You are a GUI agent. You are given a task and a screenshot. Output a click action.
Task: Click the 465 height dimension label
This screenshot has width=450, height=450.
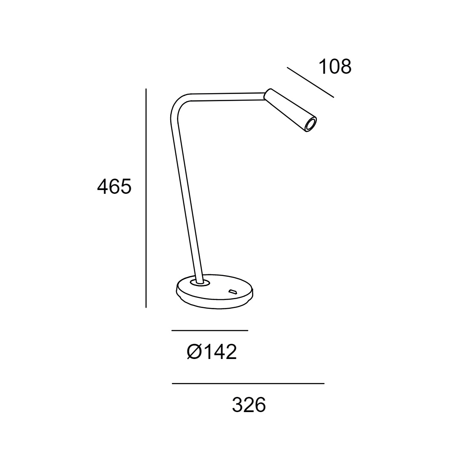[x=114, y=187]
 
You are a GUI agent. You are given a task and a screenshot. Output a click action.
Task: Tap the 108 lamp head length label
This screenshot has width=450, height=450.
[x=335, y=67]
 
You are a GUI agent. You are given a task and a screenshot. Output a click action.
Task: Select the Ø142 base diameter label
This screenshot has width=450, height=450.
[x=212, y=351]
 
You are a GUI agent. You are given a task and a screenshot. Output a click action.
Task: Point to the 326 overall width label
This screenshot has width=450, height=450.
[x=249, y=404]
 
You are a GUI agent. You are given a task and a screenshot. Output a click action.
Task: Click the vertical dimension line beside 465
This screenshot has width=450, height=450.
[x=146, y=198]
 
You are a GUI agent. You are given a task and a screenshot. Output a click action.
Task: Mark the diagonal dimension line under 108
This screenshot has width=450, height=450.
[x=310, y=82]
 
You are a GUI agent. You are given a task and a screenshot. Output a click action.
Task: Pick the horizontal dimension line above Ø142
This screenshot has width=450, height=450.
[x=210, y=331]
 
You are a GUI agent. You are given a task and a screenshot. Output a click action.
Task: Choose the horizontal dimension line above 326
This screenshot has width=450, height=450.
[x=248, y=383]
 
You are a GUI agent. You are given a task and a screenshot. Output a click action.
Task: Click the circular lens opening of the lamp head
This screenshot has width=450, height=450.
[x=311, y=125]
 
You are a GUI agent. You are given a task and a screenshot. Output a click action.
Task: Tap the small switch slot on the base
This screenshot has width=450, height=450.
[x=232, y=292]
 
